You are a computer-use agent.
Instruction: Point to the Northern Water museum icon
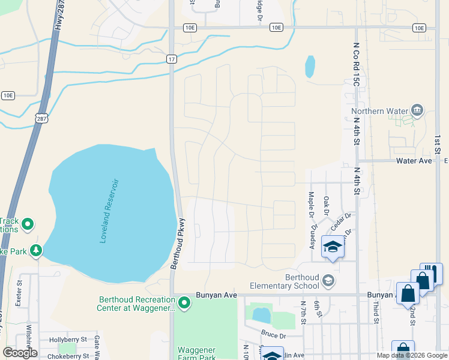pos(417,110)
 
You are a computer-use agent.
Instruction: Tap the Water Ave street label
pos(414,161)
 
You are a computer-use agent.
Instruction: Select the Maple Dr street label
pos(312,205)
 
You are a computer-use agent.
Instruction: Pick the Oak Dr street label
pos(327,205)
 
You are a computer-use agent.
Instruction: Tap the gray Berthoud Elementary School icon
pos(328,280)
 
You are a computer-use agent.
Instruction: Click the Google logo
pos(20,353)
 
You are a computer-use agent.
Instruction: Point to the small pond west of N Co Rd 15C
pos(309,67)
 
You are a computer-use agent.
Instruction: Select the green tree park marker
pos(36,250)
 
